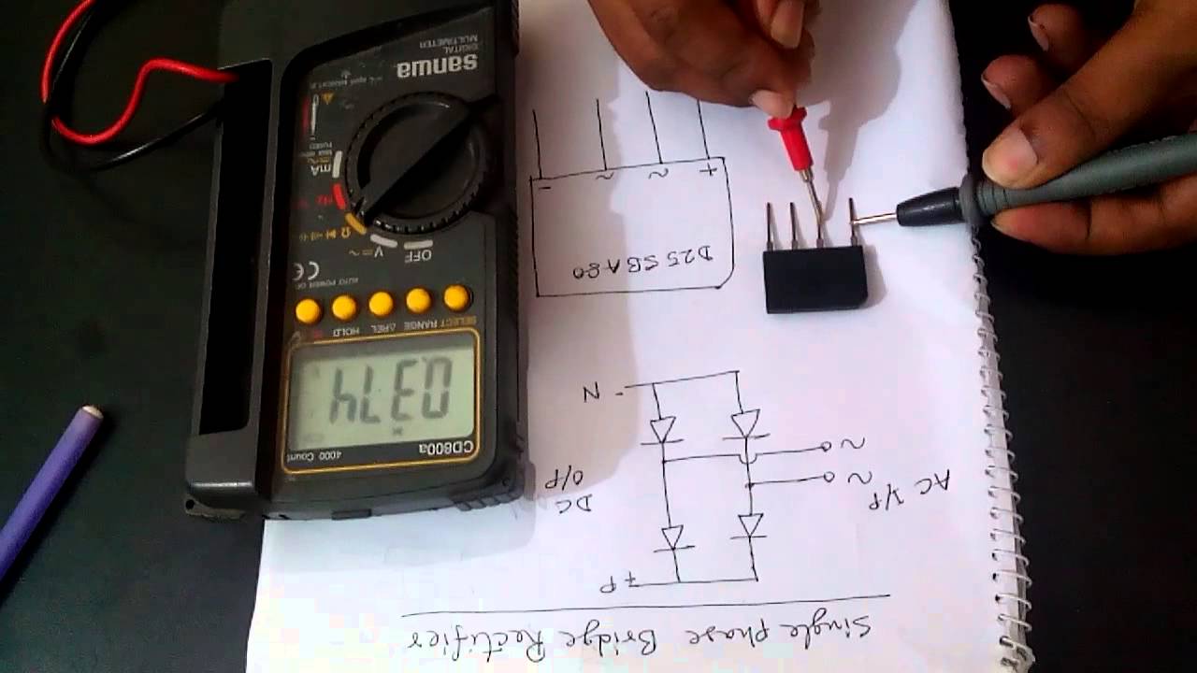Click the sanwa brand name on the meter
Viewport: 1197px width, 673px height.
[x=436, y=66]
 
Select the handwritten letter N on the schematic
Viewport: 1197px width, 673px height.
[x=591, y=392]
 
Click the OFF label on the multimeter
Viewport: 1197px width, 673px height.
[x=419, y=253]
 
